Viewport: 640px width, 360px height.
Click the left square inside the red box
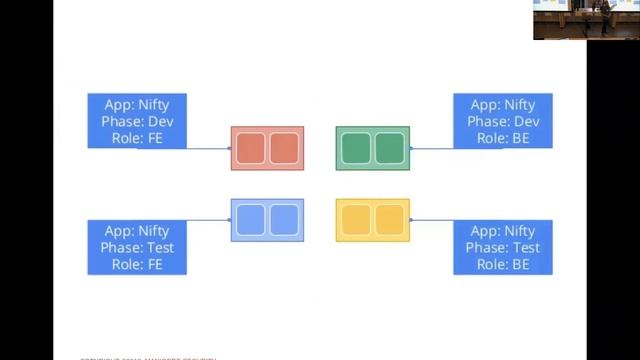click(x=251, y=148)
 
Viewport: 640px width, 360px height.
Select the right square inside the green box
click(x=388, y=148)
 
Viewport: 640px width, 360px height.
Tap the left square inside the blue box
click(x=251, y=219)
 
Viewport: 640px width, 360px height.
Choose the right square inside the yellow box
click(x=388, y=219)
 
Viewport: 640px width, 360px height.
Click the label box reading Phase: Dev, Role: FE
click(x=137, y=121)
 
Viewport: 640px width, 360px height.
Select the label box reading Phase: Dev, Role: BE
click(x=502, y=121)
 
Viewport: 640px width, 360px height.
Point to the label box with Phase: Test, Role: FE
click(x=137, y=247)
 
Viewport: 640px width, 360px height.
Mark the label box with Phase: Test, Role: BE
click(x=502, y=247)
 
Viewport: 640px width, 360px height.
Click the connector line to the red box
click(x=209, y=148)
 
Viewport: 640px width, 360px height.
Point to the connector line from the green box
click(x=431, y=148)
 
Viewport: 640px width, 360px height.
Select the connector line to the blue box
click(x=209, y=220)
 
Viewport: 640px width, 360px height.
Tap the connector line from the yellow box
click(x=431, y=220)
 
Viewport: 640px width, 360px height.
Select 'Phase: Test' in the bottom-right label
click(x=504, y=247)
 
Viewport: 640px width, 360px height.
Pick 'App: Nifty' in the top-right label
click(x=503, y=104)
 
